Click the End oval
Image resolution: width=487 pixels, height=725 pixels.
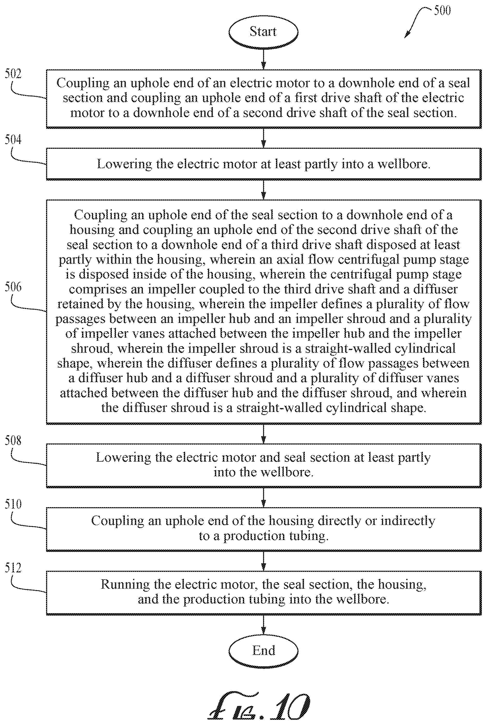[x=263, y=650]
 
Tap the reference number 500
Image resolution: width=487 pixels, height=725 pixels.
[x=442, y=11]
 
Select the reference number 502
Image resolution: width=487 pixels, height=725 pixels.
[x=13, y=73]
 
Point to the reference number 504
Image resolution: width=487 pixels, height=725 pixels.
[x=13, y=139]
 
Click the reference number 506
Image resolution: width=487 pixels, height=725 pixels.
[x=13, y=287]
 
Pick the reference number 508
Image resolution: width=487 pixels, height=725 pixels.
[x=13, y=440]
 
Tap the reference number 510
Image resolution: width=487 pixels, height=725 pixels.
[x=13, y=504]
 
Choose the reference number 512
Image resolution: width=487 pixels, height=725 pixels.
[x=13, y=568]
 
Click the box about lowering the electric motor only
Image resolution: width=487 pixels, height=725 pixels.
[x=264, y=164]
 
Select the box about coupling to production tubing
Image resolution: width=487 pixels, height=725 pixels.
[x=264, y=529]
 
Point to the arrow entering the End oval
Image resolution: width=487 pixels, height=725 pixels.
[x=263, y=624]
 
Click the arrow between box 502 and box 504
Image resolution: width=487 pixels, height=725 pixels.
[x=263, y=138]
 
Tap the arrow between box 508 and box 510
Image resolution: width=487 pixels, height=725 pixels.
[x=263, y=497]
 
